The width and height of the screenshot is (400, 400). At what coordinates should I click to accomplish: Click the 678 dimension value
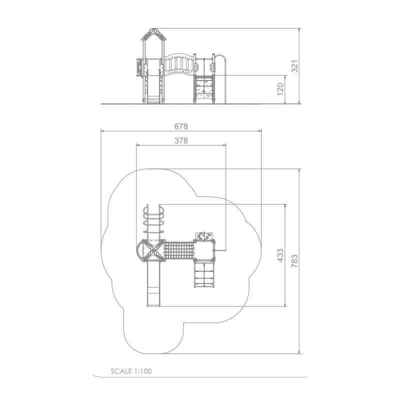181,126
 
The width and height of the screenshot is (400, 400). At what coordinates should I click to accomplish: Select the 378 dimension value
181,140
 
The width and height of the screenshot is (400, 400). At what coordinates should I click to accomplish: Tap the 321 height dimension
294,66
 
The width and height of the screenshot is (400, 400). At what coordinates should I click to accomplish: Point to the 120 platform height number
280,89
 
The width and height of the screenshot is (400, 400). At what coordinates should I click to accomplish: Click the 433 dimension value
280,255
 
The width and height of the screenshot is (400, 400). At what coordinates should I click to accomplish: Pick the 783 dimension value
294,260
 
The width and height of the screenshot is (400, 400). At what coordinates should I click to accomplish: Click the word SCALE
121,371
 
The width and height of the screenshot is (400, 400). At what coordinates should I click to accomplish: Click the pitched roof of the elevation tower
153,34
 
